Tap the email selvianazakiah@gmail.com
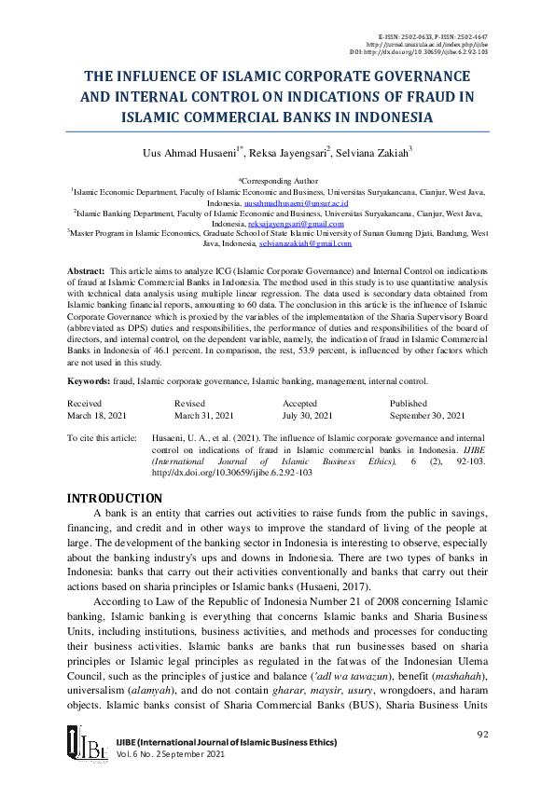point(305,243)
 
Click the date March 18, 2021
point(99,415)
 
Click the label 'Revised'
point(190,402)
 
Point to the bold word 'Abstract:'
point(87,269)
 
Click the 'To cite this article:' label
point(101,436)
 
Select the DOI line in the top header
point(432,52)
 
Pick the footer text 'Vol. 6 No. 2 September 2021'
point(171,752)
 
